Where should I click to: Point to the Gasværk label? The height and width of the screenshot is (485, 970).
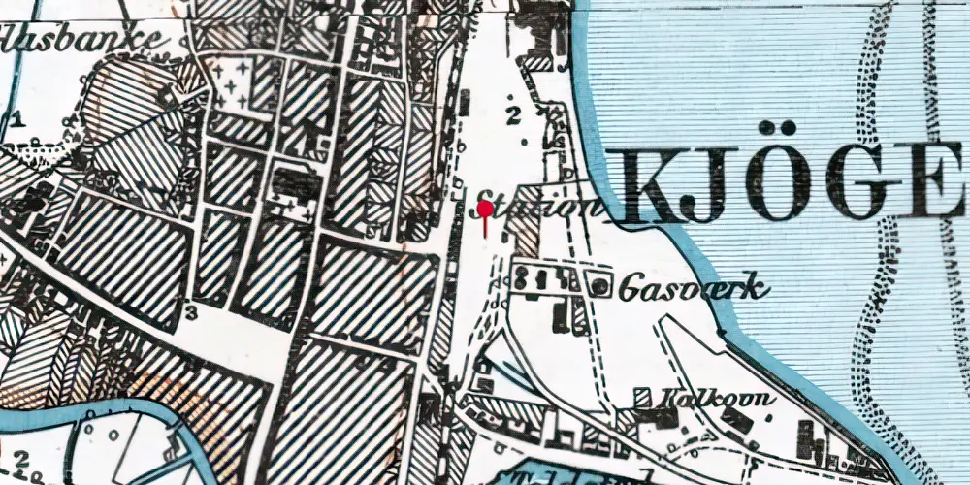click(694, 287)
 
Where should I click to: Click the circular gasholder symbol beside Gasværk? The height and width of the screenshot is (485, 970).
click(600, 285)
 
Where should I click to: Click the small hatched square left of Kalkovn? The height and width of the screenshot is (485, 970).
click(641, 397)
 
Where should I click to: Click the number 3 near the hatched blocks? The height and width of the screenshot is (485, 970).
click(191, 312)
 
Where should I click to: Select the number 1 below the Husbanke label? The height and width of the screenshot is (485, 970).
click(16, 120)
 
